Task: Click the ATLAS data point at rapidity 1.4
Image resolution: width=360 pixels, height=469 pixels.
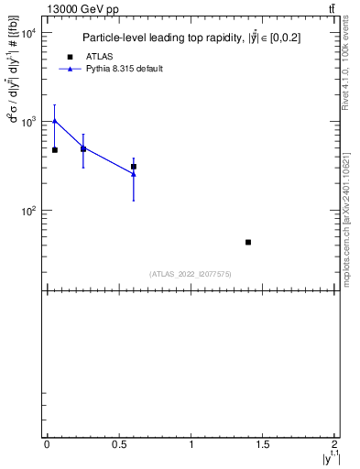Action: (x=248, y=242)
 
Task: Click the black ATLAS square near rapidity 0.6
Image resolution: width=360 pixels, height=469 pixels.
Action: (x=134, y=167)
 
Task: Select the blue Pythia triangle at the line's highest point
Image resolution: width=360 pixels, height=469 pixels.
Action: (x=55, y=120)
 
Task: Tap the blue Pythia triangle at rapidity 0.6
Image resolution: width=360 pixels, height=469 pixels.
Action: (x=134, y=174)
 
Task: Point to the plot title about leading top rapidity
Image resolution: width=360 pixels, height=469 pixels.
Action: (x=191, y=38)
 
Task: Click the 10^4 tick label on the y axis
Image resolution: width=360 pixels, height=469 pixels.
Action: (x=27, y=33)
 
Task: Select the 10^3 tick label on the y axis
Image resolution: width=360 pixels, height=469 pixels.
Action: (x=27, y=122)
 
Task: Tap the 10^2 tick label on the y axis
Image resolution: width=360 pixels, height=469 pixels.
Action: (x=27, y=211)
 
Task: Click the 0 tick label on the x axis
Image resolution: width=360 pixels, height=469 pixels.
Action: (x=47, y=444)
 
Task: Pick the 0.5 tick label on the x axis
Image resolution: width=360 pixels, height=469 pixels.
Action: (x=118, y=444)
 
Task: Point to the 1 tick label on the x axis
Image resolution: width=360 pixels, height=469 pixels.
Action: (x=191, y=444)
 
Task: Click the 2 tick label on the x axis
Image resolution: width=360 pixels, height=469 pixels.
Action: (x=334, y=444)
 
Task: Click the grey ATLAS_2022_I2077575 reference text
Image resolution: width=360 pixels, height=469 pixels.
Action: (x=191, y=273)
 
